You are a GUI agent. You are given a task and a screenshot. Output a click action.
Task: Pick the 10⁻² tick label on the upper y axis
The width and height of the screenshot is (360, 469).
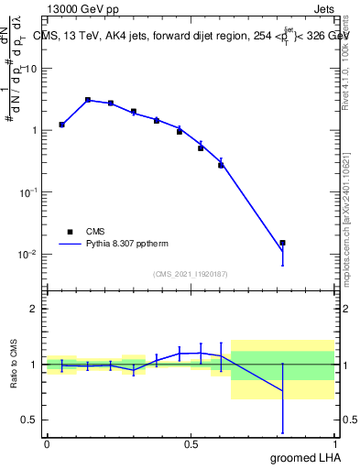[x=28, y=254]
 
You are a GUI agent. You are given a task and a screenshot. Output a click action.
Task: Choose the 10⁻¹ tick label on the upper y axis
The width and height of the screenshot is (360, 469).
[x=28, y=192]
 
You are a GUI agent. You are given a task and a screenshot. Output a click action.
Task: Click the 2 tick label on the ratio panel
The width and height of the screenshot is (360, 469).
[x=33, y=309]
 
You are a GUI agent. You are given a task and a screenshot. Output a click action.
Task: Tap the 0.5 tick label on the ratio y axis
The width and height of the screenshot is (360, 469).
[x=28, y=420]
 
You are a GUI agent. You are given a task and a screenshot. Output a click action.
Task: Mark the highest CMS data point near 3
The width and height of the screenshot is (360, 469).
[x=88, y=100]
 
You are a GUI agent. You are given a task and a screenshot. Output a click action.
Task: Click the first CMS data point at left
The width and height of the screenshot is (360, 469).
[x=61, y=125]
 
